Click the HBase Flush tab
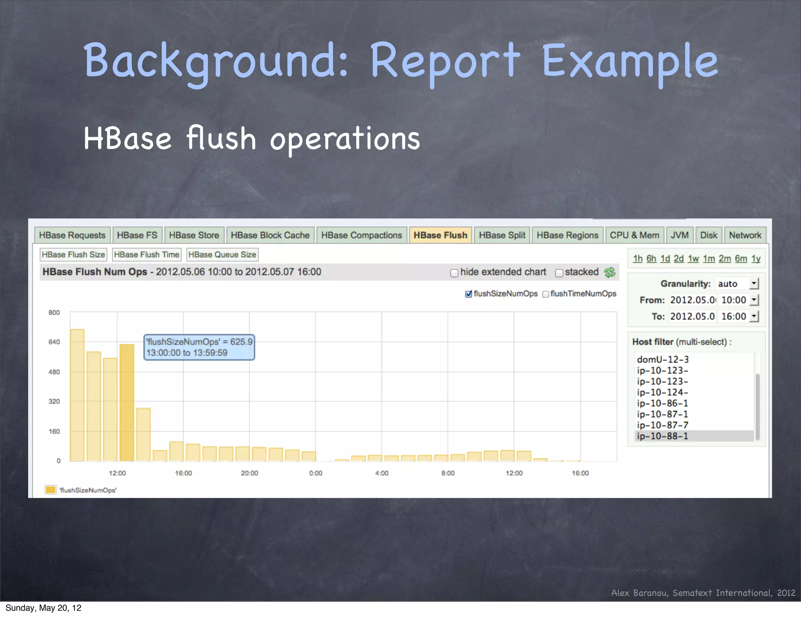(440, 235)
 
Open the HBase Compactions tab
(361, 235)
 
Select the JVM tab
(679, 235)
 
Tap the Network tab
(745, 235)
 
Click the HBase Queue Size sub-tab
(222, 254)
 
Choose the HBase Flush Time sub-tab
(147, 254)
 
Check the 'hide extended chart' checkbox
(454, 273)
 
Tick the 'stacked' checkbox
(559, 273)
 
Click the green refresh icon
(609, 272)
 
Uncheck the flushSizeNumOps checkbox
(469, 294)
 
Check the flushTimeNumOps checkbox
(546, 294)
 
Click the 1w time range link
(693, 259)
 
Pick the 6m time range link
(741, 259)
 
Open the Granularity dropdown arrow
(754, 283)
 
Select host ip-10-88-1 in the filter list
(663, 436)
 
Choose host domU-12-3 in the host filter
(663, 359)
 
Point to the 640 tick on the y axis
(54, 342)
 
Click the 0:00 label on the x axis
(316, 473)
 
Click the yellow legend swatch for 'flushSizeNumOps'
(50, 490)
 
